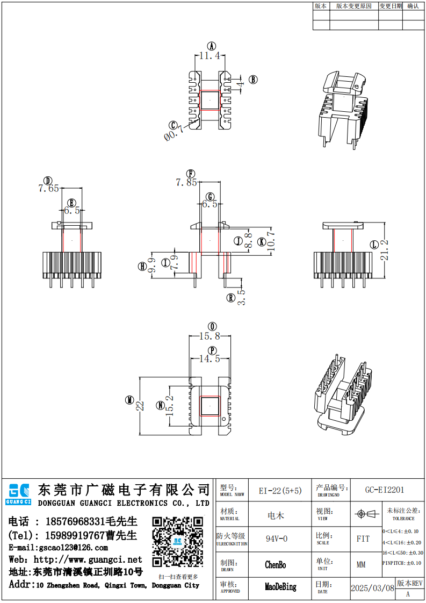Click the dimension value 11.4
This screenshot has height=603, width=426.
(x=210, y=55)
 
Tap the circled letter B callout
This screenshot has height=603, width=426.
(x=253, y=80)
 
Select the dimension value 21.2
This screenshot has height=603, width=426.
(x=384, y=250)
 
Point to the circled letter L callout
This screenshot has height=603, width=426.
(x=374, y=245)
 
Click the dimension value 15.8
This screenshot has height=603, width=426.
(x=210, y=336)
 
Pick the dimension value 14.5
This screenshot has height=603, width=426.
(x=210, y=358)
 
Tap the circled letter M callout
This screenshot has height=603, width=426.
(x=129, y=400)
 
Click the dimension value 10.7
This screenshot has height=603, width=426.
(x=271, y=241)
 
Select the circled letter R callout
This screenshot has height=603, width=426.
(x=230, y=297)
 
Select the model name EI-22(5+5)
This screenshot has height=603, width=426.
(x=280, y=491)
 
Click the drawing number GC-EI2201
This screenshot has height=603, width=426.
(x=385, y=490)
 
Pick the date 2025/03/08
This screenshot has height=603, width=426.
(x=372, y=588)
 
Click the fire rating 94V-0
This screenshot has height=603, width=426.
(x=277, y=539)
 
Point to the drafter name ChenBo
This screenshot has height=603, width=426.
(x=276, y=565)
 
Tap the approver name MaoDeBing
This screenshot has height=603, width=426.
(x=280, y=587)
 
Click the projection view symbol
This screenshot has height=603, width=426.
(x=365, y=514)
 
